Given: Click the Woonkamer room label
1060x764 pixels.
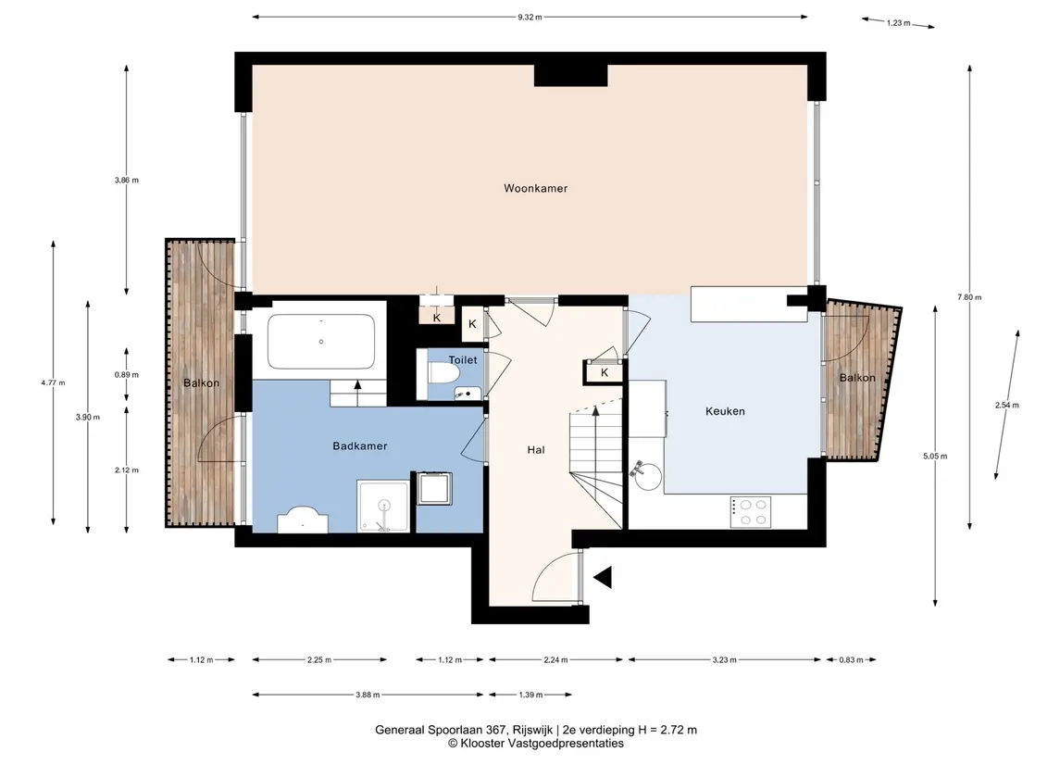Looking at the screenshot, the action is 535,188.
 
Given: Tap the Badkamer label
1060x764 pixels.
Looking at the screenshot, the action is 359,445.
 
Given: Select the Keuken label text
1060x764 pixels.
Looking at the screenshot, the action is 725,411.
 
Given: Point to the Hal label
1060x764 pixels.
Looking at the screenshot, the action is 536,450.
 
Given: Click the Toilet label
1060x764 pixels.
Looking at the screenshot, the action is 463,359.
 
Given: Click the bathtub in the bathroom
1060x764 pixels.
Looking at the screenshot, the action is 321,342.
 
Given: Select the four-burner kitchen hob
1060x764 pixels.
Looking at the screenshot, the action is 751,512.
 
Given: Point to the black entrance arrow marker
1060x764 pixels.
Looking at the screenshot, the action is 603,577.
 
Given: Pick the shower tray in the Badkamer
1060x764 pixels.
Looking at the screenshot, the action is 383,506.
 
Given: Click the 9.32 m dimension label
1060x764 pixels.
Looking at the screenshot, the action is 530,17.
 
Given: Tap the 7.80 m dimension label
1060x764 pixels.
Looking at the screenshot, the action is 969,297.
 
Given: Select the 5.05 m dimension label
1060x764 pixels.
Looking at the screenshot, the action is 935,457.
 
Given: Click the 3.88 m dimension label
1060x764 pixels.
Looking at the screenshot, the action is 368,695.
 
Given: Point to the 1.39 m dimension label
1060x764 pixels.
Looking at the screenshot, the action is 530,695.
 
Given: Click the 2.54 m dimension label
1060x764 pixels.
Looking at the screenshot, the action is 1006,405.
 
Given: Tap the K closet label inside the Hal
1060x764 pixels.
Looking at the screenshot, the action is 605,372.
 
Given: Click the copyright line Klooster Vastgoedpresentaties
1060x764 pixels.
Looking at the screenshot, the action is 535,744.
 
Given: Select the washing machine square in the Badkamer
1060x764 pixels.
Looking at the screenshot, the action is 435,488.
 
